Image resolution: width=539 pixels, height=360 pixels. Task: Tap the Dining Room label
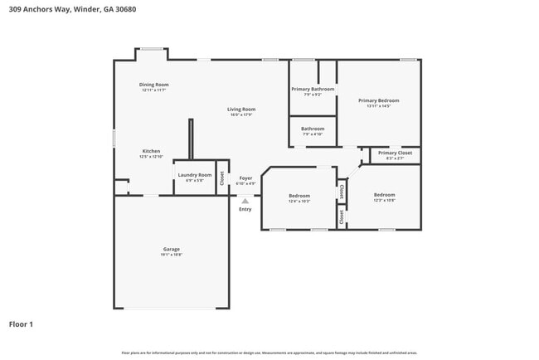coord(153,85)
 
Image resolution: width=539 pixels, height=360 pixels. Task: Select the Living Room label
coord(242,109)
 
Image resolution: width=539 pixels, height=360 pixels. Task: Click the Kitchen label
coord(150,151)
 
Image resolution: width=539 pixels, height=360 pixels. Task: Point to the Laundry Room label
coord(194,175)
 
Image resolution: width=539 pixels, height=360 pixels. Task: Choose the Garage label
coord(171,249)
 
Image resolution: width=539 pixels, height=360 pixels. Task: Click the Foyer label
coord(245,178)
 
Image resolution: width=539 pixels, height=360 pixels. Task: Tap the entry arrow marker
coord(245,200)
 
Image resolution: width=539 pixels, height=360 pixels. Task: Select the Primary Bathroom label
coord(313,89)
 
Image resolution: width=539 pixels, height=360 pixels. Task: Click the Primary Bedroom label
coord(378,100)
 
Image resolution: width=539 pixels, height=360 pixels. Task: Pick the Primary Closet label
coord(395,153)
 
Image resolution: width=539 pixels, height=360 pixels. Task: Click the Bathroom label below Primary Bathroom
coord(313,129)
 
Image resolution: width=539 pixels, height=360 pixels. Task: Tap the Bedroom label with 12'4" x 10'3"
coord(299,196)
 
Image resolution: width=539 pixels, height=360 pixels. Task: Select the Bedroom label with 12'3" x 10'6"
coord(384,195)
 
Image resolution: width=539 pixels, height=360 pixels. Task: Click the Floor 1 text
coord(21,324)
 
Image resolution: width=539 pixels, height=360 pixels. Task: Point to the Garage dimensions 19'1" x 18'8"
coord(171,255)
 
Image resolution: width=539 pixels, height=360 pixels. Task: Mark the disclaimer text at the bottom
coord(269,353)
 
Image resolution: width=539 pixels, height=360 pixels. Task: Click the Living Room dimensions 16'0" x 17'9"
coord(242,114)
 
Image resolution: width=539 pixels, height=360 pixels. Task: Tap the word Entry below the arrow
coord(245,209)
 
